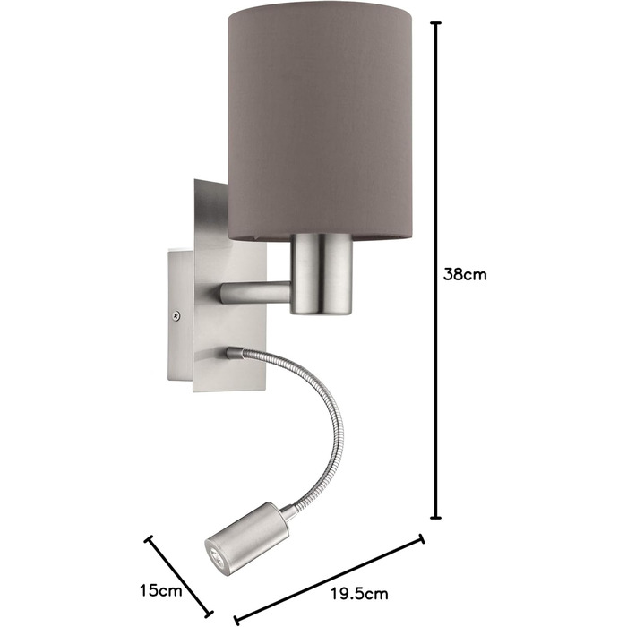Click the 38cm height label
(465, 275)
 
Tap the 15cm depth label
(160, 589)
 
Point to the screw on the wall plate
(176, 315)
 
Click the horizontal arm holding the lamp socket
(254, 293)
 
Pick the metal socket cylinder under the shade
(321, 274)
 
